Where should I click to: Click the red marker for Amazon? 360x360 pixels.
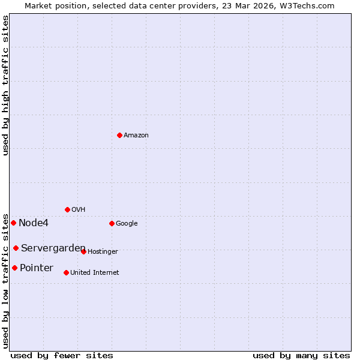(119, 135)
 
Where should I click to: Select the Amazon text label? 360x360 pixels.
(136, 136)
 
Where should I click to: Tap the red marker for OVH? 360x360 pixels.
(67, 209)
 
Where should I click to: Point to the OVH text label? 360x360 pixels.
(78, 210)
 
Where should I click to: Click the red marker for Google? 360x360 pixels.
(112, 223)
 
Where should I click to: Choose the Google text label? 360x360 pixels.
(127, 224)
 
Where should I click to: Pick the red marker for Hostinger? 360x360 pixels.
(83, 251)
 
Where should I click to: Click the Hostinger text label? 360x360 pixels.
(103, 252)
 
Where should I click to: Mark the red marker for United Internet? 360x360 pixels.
(66, 272)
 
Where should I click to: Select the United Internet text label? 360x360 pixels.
(94, 273)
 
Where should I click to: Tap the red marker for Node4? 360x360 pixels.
(13, 223)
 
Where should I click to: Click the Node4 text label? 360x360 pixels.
(34, 223)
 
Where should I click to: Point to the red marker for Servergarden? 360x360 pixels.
(16, 248)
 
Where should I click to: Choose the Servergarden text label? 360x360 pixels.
(53, 248)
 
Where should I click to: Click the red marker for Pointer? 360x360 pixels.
(14, 268)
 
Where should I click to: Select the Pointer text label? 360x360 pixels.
(37, 268)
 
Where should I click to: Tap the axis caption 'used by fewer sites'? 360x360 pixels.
(62, 355)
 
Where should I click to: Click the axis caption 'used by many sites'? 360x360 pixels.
(301, 355)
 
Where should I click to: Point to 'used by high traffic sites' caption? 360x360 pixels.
(5, 85)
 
